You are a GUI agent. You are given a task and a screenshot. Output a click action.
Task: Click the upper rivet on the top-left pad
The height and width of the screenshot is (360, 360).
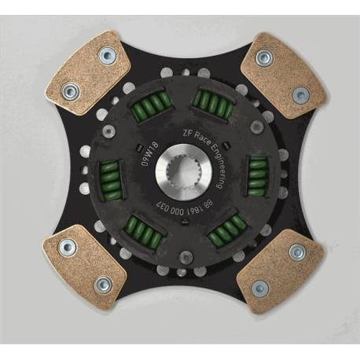click(107, 55)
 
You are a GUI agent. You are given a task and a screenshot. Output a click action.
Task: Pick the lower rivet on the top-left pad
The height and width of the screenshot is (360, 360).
click(70, 91)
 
